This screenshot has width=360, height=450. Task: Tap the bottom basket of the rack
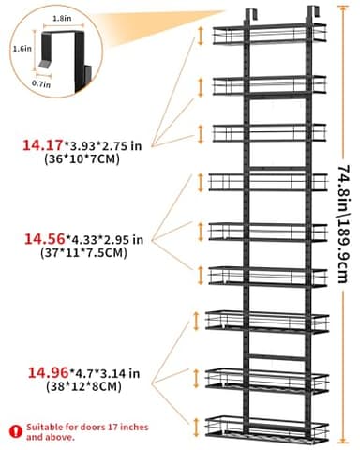[x=269, y=427]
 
